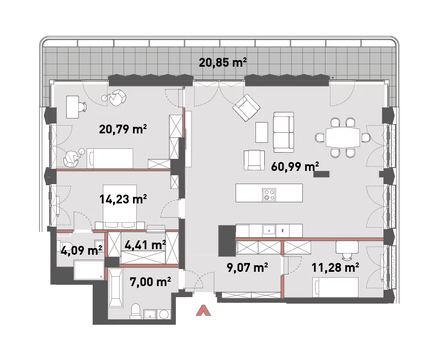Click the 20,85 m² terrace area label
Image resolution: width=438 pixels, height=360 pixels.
(x=223, y=62)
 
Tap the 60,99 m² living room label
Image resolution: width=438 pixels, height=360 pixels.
(x=295, y=166)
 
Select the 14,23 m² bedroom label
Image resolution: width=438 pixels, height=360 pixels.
(x=123, y=199)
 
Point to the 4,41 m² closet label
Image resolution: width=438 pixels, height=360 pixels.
(x=145, y=245)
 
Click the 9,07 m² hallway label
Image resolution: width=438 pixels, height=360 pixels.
(x=248, y=267)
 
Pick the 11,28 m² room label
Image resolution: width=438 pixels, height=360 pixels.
(x=335, y=267)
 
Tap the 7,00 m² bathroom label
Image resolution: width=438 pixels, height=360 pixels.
(x=150, y=282)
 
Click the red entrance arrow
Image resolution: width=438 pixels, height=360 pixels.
(x=204, y=310)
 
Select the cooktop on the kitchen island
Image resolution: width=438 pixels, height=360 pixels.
(x=269, y=195)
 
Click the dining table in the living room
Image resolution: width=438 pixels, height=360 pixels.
(x=343, y=137)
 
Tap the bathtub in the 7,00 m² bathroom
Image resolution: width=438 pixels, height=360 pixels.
(x=115, y=288)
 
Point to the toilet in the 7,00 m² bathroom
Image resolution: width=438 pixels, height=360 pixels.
(x=135, y=311)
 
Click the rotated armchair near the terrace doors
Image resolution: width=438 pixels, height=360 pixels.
(x=247, y=108)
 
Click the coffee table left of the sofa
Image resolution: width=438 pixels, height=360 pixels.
(x=261, y=132)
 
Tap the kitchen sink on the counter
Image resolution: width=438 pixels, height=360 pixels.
(x=269, y=231)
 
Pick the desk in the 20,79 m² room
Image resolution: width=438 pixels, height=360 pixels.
(x=73, y=106)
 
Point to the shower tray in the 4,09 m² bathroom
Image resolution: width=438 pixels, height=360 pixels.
(x=89, y=270)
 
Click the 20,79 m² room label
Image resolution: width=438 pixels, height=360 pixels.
(x=123, y=130)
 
